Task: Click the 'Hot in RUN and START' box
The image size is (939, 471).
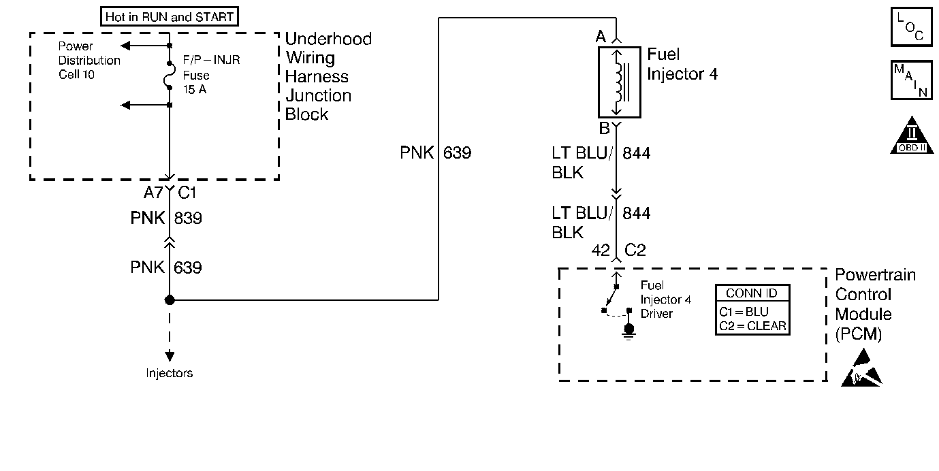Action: pyautogui.click(x=170, y=16)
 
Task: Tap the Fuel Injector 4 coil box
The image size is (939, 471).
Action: pyautogui.click(x=619, y=82)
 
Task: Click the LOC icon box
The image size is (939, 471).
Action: pyautogui.click(x=911, y=27)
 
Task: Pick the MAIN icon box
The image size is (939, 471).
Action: pyautogui.click(x=911, y=80)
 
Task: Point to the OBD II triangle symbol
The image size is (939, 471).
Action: pyautogui.click(x=912, y=135)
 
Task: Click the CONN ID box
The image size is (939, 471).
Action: pyautogui.click(x=752, y=310)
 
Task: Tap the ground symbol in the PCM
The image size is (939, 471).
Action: pyautogui.click(x=628, y=331)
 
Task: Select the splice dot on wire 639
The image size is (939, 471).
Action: pyautogui.click(x=170, y=300)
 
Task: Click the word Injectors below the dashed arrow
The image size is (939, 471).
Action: pyautogui.click(x=170, y=373)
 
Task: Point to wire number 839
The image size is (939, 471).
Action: pyautogui.click(x=188, y=218)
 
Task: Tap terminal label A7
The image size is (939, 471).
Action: pyautogui.click(x=153, y=193)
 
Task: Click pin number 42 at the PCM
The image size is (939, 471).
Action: pyautogui.click(x=601, y=250)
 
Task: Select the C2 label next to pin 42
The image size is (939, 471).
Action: pyautogui.click(x=635, y=250)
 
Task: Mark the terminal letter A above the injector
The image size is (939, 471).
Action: pyautogui.click(x=601, y=37)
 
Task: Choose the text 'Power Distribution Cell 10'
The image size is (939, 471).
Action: pyautogui.click(x=89, y=61)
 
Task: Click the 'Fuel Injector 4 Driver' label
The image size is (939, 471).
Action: pyautogui.click(x=666, y=299)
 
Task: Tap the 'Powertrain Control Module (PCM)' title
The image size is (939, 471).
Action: pyautogui.click(x=875, y=305)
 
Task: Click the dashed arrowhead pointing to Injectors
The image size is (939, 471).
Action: pyautogui.click(x=170, y=356)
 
